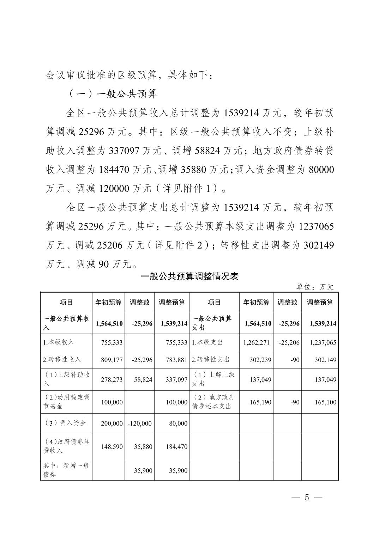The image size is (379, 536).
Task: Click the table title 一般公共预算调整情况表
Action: (189, 276)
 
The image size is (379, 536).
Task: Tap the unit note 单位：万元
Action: (314, 287)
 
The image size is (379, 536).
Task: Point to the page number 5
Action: (307, 498)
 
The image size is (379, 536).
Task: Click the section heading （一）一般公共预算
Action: (112, 94)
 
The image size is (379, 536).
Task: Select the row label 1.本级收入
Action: (59, 342)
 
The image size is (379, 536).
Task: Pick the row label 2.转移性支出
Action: (210, 359)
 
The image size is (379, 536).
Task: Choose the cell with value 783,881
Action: (176, 360)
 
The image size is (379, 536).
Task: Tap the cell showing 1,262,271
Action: (257, 342)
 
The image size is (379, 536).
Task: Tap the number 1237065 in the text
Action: (316, 226)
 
